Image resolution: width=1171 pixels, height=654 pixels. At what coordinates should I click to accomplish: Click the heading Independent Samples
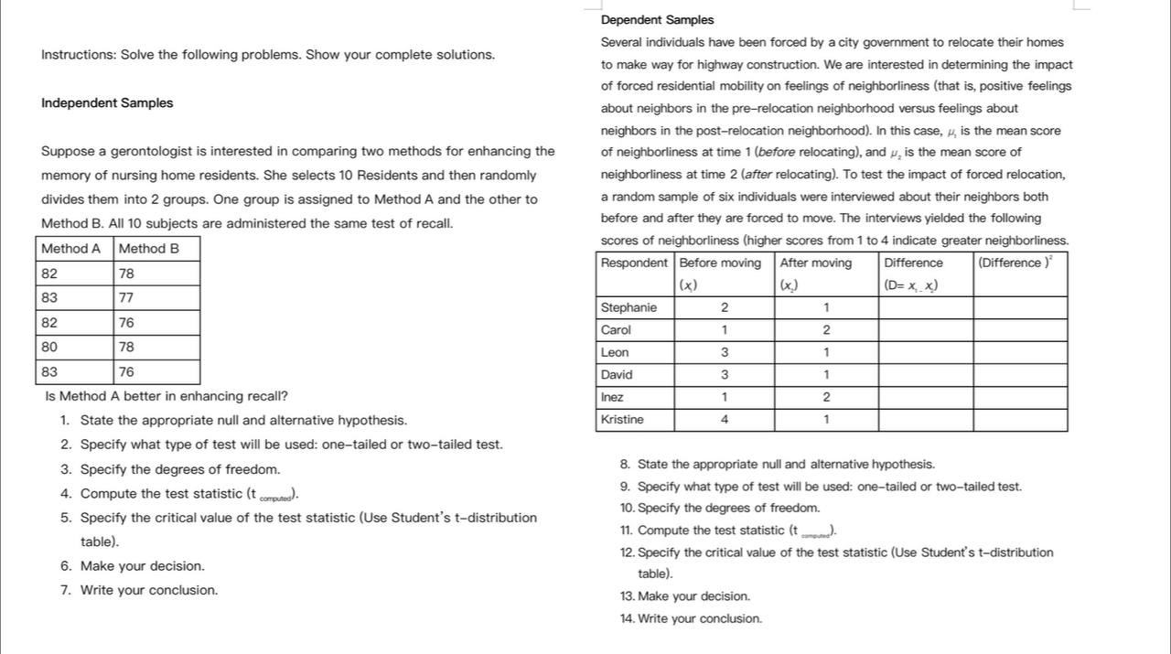107,103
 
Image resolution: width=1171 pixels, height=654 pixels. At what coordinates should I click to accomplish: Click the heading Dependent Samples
657,20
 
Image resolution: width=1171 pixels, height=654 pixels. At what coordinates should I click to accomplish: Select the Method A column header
71,249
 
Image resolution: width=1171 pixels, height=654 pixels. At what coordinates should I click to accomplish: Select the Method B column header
148,249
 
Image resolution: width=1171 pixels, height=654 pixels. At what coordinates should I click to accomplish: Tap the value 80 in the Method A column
48,348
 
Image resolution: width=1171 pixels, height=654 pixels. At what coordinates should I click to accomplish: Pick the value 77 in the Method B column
126,298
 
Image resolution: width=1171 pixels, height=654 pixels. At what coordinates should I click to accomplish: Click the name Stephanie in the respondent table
628,308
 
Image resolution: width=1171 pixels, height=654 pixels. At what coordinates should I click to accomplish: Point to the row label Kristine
622,420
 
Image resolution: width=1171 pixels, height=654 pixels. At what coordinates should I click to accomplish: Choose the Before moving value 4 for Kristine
725,420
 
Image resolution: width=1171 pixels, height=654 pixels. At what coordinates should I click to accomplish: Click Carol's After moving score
826,330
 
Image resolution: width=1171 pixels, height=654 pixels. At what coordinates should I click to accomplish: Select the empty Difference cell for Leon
925,353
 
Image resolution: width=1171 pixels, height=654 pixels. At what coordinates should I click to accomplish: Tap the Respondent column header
634,263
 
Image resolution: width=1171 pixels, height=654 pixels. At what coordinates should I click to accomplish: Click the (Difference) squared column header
1015,263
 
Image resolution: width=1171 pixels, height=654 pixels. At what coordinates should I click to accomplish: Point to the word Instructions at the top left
78,55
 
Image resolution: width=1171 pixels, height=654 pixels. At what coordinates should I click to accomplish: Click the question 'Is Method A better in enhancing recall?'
167,397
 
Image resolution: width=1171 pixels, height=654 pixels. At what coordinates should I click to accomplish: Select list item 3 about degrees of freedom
180,470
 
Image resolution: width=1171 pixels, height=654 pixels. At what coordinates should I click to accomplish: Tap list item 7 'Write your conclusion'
149,591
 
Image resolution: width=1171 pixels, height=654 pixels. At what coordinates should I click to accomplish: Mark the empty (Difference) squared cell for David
1020,375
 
